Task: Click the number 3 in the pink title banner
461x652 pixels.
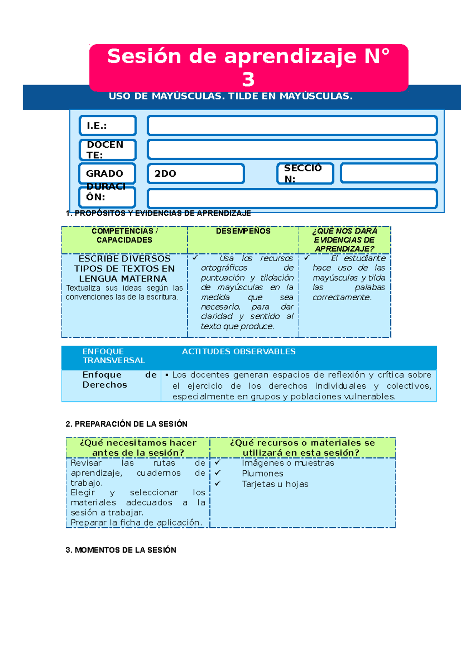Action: click(x=248, y=79)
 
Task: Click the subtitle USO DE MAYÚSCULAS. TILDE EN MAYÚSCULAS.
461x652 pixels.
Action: click(x=230, y=96)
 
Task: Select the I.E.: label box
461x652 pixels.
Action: click(x=108, y=126)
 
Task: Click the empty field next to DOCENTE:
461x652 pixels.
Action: click(x=292, y=149)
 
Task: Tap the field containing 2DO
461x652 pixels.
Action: click(x=196, y=174)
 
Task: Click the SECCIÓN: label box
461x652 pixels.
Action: click(x=305, y=174)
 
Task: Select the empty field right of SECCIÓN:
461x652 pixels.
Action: click(x=388, y=173)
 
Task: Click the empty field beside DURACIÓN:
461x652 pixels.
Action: click(x=292, y=199)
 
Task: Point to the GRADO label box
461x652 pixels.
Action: click(x=108, y=174)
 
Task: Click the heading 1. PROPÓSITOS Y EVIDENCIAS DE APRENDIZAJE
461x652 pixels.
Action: click(x=158, y=213)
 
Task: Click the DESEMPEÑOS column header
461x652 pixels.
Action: click(x=243, y=231)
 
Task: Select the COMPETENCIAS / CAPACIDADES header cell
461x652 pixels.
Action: click(x=124, y=235)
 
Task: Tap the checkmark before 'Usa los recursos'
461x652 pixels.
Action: click(x=195, y=258)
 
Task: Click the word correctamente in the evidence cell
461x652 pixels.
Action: click(x=342, y=298)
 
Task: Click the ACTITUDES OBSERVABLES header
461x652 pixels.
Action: click(x=239, y=352)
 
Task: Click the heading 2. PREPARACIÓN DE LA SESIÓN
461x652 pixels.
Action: click(x=126, y=424)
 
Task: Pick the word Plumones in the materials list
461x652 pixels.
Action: click(x=262, y=473)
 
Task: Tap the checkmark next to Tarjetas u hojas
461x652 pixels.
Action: click(x=217, y=483)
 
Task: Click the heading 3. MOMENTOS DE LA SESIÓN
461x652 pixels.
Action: click(x=121, y=550)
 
